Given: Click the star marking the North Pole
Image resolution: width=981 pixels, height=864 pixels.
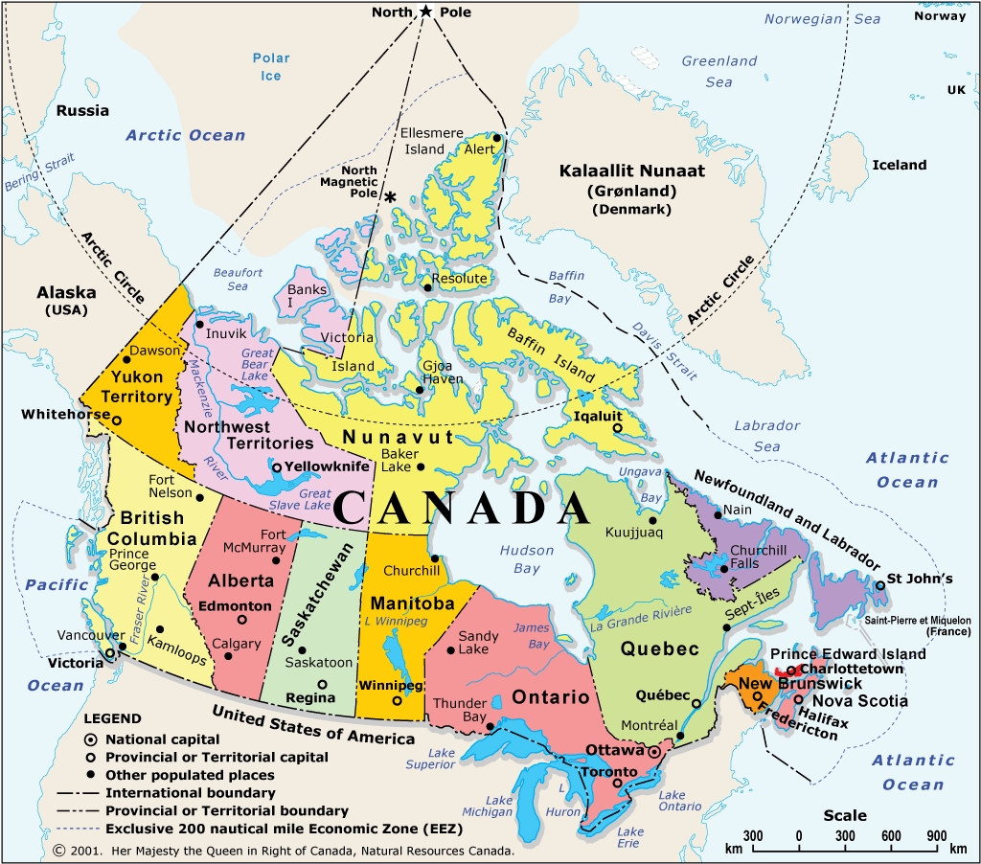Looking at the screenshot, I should tap(425, 11).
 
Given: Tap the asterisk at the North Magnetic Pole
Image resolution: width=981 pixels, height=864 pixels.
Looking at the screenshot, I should tap(391, 196).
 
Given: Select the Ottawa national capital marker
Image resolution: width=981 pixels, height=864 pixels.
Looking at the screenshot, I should tap(654, 753).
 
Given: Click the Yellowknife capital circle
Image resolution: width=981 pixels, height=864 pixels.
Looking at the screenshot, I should tap(277, 467).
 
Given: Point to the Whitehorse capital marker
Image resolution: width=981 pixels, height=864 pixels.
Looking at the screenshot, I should tap(117, 420).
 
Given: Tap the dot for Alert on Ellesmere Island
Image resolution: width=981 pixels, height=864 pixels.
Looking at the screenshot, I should tap(496, 138).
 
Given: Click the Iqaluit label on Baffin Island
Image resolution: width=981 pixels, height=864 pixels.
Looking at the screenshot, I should tap(598, 417).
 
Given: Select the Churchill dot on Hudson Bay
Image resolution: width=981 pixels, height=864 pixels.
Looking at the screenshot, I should tap(434, 558).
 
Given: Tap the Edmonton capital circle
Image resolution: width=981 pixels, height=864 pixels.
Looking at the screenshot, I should tap(241, 620).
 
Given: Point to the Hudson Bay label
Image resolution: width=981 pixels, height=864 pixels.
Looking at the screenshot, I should tap(527, 559).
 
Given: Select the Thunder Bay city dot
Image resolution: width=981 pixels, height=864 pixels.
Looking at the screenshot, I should tap(490, 726).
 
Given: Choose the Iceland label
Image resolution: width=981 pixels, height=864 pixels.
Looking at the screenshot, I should tap(899, 165).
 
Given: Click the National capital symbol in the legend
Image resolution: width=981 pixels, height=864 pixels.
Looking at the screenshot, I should tap(91, 739).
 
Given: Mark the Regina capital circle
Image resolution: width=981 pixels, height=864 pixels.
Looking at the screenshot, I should tap(322, 684).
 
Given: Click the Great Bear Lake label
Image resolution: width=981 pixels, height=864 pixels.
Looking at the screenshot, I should tap(258, 364).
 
